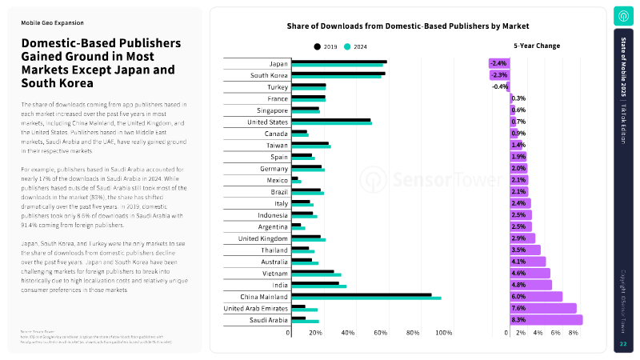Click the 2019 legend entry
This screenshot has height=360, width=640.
click(x=325, y=46)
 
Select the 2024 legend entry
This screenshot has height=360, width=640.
click(x=354, y=46)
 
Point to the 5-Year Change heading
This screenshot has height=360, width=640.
click(x=537, y=46)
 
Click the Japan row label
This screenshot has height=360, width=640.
click(x=279, y=63)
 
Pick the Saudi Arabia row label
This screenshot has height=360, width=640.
click(x=268, y=320)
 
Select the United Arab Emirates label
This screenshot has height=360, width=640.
click(x=256, y=308)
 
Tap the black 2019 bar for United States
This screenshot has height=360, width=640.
click(x=331, y=120)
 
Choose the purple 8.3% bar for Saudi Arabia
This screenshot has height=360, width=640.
click(x=546, y=320)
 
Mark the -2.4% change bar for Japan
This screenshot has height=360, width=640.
click(x=499, y=63)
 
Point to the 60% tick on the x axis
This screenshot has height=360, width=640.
click(x=380, y=332)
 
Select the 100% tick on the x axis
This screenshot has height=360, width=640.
click(x=445, y=332)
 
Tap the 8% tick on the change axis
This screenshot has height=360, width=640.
click(x=573, y=332)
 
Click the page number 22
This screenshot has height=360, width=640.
click(x=623, y=344)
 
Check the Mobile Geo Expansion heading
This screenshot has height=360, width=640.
click(x=52, y=23)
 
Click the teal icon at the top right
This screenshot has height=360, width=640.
click(x=623, y=16)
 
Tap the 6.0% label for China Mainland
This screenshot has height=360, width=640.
click(x=518, y=296)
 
